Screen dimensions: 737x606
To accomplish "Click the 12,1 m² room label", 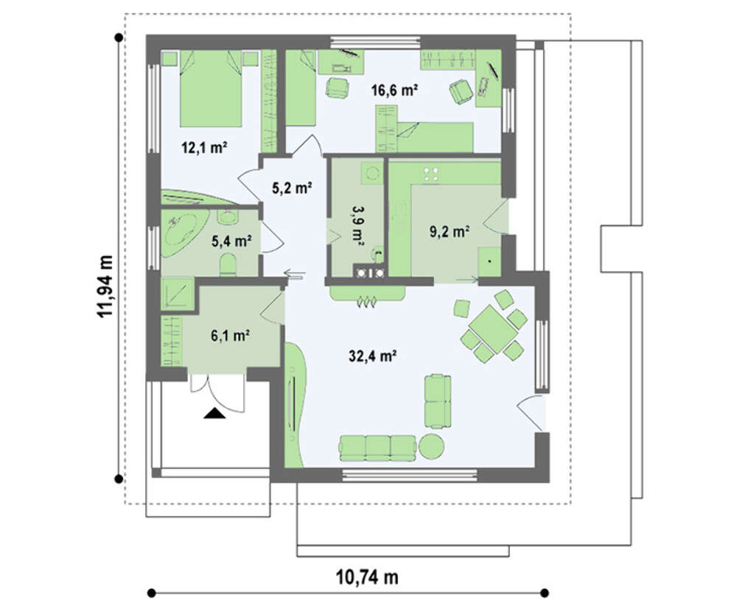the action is pyautogui.click(x=204, y=149).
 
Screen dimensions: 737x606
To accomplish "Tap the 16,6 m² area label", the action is pyautogui.click(x=394, y=89).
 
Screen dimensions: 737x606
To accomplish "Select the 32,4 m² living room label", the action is pyautogui.click(x=371, y=356).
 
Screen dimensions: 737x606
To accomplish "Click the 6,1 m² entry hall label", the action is pyautogui.click(x=230, y=336).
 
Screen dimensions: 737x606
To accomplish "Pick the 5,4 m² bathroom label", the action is pyautogui.click(x=231, y=242).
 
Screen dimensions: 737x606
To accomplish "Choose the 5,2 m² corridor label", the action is pyautogui.click(x=293, y=188).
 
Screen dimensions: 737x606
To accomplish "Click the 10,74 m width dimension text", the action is pyautogui.click(x=367, y=577).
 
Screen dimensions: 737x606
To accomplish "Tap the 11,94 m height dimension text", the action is pyautogui.click(x=105, y=286).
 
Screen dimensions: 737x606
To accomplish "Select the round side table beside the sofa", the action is pyautogui.click(x=431, y=446).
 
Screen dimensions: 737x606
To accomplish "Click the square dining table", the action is pyautogui.click(x=493, y=329).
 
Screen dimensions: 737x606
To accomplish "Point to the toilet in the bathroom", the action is pyautogui.click(x=228, y=264).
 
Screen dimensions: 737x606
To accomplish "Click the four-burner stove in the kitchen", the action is pyautogui.click(x=431, y=175).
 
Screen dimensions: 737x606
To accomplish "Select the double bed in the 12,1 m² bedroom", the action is pyautogui.click(x=211, y=88).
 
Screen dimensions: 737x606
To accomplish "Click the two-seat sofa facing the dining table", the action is pyautogui.click(x=438, y=401).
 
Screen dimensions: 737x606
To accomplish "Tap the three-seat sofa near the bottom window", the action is pyautogui.click(x=378, y=448).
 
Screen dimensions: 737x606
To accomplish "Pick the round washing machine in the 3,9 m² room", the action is pyautogui.click(x=373, y=173).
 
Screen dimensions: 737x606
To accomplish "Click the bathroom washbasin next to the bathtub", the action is pyautogui.click(x=228, y=216).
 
